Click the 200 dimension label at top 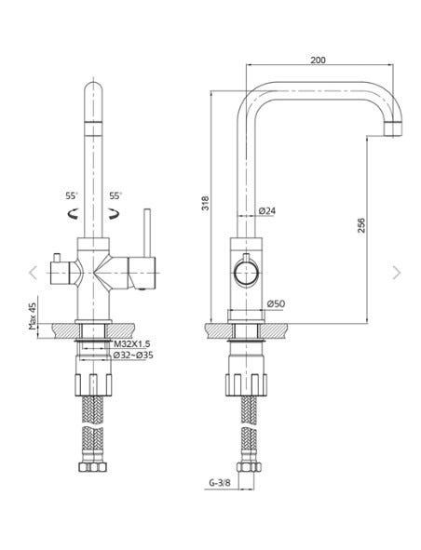tap(318, 60)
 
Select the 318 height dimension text tap(205, 203)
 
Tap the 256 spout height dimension tap(361, 225)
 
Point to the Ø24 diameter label tap(267, 211)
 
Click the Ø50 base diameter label tap(276, 303)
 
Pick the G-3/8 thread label tap(220, 483)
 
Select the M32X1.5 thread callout tap(132, 344)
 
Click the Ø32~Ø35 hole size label tap(133, 355)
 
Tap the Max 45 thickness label tap(33, 317)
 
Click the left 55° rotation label tap(72, 196)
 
